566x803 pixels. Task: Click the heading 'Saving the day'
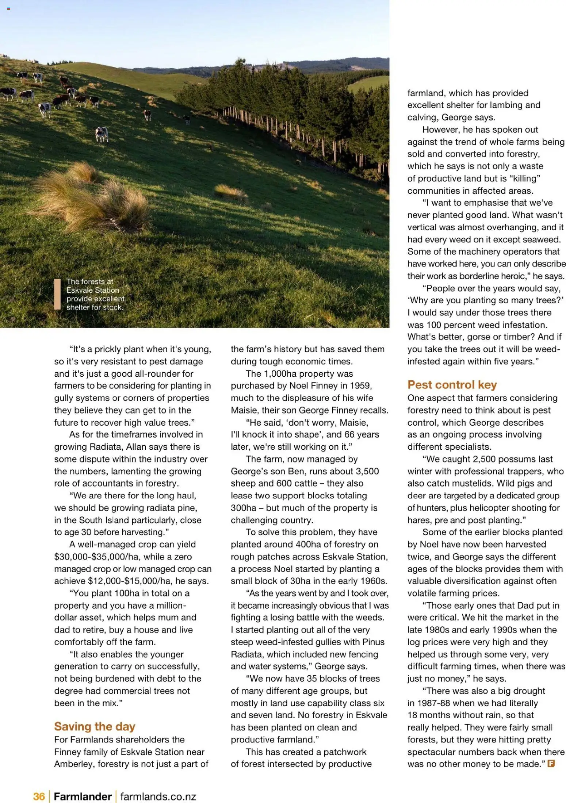95,726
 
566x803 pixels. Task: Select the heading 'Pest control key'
452,385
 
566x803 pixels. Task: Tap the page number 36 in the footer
39,796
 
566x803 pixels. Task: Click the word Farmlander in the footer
83,796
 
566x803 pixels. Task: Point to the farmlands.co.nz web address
158,796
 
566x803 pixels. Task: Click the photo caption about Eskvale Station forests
95,294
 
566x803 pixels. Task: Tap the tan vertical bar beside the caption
57,294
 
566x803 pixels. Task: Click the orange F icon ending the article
551,764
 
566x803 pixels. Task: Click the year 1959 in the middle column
360,386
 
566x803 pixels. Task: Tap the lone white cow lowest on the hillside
101,134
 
